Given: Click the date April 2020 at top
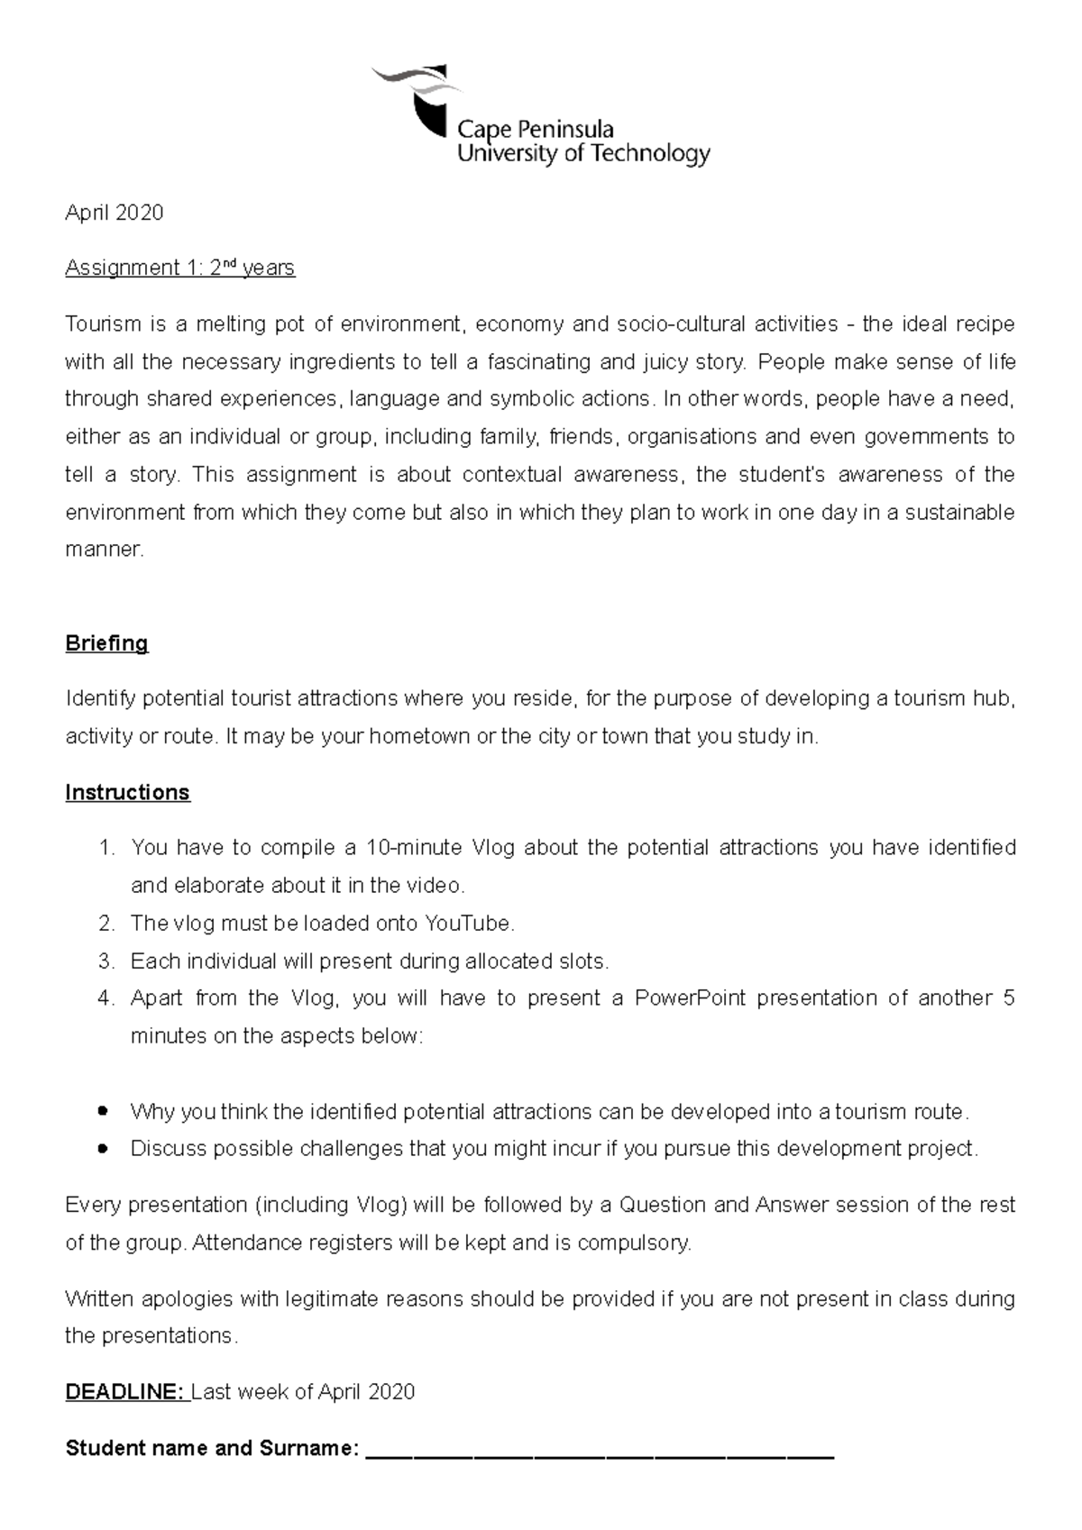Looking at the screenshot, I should pos(115,213).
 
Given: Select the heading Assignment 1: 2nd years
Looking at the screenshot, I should pos(179,269).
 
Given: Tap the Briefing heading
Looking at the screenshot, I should pos(106,643).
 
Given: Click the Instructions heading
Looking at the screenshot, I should pos(127,792).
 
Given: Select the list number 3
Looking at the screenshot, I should pos(106,961).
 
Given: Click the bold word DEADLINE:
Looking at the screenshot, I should pos(124,1392).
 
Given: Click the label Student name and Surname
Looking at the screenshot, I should pos(212,1449).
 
